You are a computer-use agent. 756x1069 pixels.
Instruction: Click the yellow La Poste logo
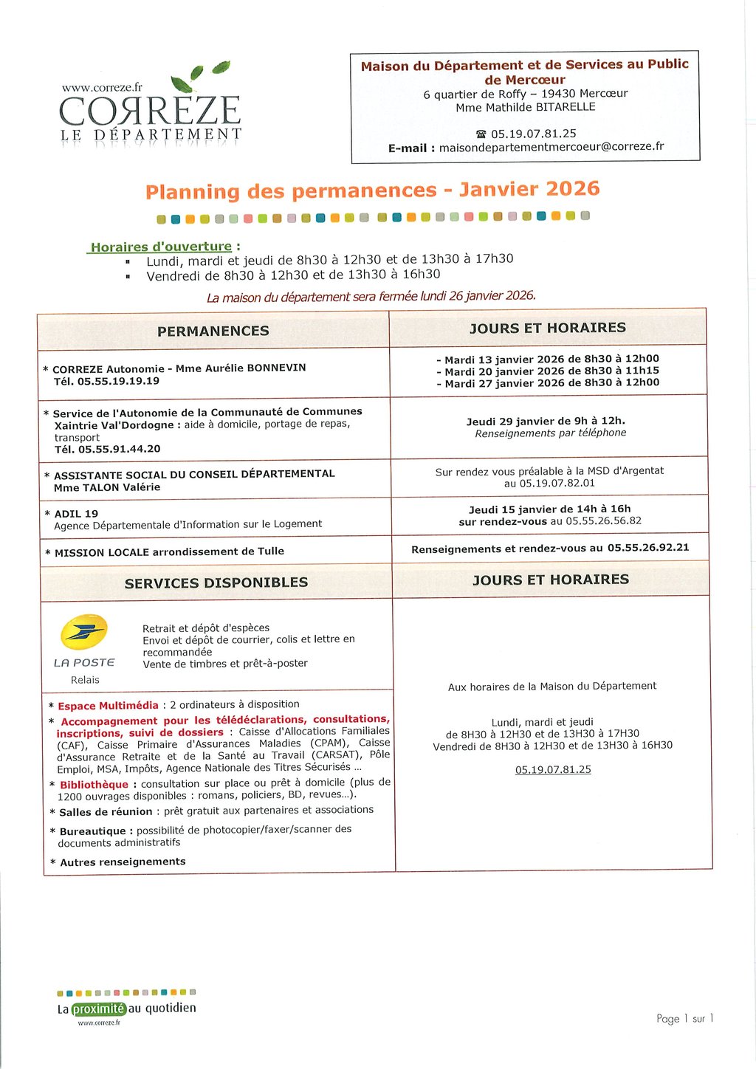(83, 632)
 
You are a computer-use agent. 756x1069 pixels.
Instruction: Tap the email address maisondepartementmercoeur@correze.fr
(551, 147)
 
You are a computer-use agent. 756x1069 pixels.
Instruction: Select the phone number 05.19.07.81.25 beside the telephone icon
(533, 134)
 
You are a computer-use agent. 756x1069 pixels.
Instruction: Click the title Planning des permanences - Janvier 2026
(372, 190)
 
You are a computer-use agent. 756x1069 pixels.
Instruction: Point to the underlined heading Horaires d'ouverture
(161, 247)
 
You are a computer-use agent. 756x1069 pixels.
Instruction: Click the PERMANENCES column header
(213, 331)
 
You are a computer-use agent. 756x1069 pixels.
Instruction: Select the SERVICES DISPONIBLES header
(216, 582)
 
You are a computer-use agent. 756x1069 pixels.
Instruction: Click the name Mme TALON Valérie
(107, 487)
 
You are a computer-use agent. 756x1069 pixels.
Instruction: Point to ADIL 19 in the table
(76, 514)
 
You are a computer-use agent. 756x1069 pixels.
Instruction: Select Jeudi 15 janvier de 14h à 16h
(549, 509)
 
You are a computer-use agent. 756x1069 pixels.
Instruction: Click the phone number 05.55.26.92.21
(647, 548)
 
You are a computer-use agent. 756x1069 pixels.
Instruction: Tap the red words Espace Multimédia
(108, 706)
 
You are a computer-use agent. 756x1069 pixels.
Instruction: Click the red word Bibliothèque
(94, 784)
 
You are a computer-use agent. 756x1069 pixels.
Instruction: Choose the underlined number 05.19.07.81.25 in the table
(553, 769)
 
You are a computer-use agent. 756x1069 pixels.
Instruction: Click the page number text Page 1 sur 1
(684, 1019)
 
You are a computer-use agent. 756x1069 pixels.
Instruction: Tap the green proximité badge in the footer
(99, 1008)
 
